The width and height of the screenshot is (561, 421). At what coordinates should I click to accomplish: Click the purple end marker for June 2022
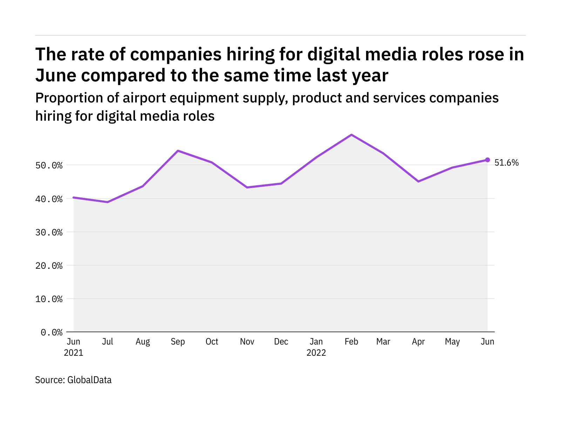click(x=487, y=160)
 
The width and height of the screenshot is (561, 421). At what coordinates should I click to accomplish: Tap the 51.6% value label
click(x=506, y=163)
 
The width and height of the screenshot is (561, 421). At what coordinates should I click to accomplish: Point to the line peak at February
click(x=351, y=135)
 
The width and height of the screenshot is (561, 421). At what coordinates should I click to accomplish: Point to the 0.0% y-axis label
click(x=52, y=332)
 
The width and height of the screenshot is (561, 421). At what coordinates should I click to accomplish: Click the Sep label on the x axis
click(x=178, y=342)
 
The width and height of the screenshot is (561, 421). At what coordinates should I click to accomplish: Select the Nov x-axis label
click(x=247, y=342)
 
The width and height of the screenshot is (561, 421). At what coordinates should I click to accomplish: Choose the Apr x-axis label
click(x=418, y=342)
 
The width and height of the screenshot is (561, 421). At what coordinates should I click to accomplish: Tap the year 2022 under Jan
click(x=316, y=353)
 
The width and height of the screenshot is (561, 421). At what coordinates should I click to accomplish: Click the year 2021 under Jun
click(x=74, y=353)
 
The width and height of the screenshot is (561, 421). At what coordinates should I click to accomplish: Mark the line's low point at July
click(x=108, y=202)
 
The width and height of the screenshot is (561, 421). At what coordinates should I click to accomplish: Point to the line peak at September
click(x=178, y=151)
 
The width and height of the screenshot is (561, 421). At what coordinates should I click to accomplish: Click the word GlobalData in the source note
click(x=89, y=380)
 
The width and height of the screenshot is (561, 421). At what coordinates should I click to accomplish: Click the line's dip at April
click(x=418, y=181)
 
